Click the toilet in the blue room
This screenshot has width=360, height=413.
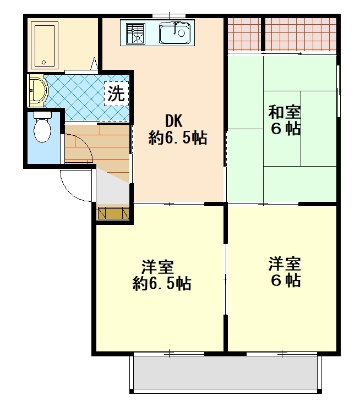point(42,127)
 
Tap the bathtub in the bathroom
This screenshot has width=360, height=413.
point(44,46)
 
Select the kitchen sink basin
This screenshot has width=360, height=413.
point(175,33)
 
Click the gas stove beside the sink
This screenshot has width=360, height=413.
point(135,34)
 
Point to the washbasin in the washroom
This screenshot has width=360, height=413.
point(37,90)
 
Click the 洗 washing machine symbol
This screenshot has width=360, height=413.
point(116,94)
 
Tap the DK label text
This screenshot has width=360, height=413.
point(174,121)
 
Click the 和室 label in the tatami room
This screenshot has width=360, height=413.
point(284,112)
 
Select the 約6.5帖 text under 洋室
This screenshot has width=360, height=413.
point(162,283)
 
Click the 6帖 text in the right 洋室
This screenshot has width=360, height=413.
point(286,280)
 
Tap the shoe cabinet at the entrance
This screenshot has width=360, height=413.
point(113,213)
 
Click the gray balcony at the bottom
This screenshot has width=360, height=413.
point(226,372)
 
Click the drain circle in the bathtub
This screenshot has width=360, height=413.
point(44,63)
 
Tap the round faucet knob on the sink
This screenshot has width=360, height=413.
point(181,33)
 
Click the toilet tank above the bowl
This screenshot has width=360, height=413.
point(42,115)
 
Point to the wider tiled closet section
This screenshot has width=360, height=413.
point(301,34)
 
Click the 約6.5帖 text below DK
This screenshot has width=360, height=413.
point(178,137)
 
